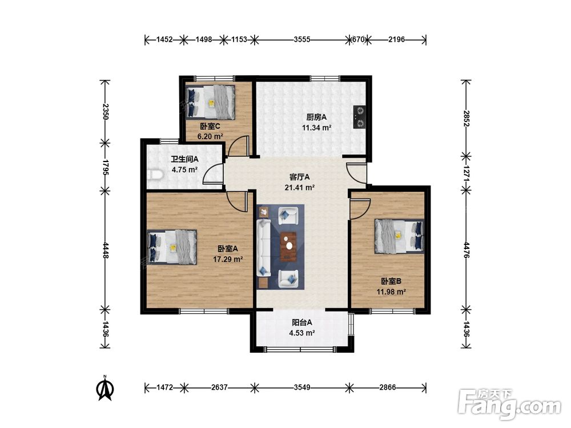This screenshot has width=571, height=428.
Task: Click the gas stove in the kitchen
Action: (x=359, y=117)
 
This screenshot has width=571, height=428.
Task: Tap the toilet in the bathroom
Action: (x=155, y=175)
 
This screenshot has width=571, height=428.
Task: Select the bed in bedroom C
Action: (x=211, y=102)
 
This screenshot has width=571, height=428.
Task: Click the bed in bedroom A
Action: (x=172, y=247)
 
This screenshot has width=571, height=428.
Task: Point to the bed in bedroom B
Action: (x=400, y=236)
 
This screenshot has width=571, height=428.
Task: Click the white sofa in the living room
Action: (x=263, y=248)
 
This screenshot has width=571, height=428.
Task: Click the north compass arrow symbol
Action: (x=105, y=389)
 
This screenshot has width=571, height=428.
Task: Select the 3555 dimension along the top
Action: (x=302, y=39)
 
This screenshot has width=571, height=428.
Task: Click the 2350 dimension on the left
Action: (x=105, y=111)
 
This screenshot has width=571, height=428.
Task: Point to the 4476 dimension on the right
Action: (x=466, y=251)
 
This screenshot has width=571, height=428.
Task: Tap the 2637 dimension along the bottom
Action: (x=219, y=387)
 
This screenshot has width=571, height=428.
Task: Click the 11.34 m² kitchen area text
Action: (x=316, y=128)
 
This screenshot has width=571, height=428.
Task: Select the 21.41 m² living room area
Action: (x=299, y=188)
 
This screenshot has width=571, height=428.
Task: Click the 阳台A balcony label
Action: (x=302, y=322)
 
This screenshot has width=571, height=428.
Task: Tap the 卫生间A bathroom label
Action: (x=184, y=159)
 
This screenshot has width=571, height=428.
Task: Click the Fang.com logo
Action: (x=509, y=404)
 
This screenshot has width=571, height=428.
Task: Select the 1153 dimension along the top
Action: (x=239, y=39)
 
